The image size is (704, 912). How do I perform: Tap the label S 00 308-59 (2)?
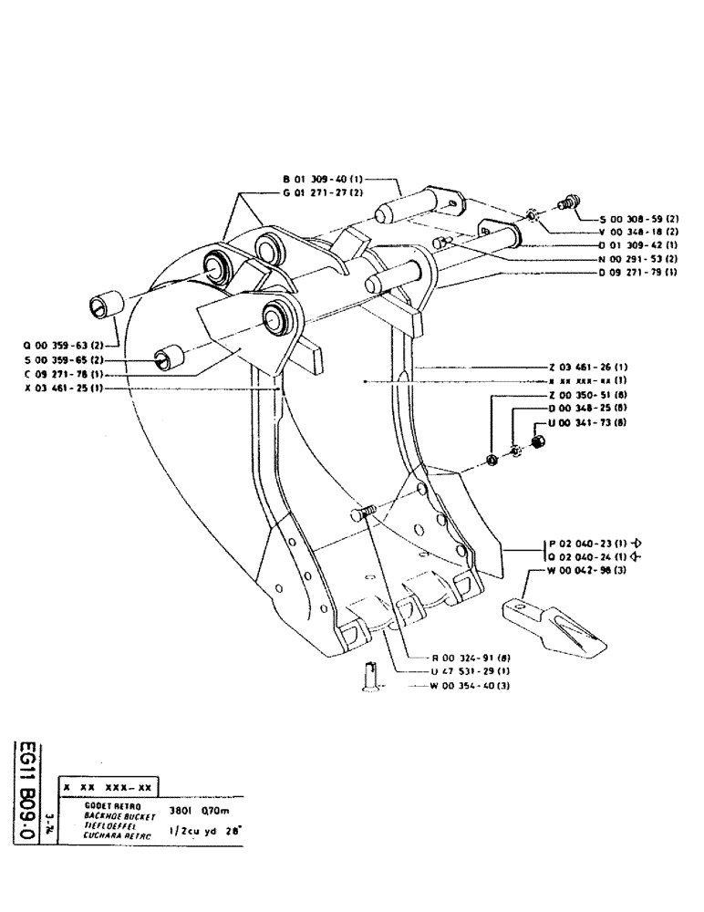pos(638,220)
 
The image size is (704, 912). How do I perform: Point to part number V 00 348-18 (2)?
pos(638,233)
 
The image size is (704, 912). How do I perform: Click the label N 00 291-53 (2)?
pos(638,259)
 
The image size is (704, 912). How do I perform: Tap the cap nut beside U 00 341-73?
pos(537,442)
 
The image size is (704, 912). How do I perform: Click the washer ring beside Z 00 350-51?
pos(492,458)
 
